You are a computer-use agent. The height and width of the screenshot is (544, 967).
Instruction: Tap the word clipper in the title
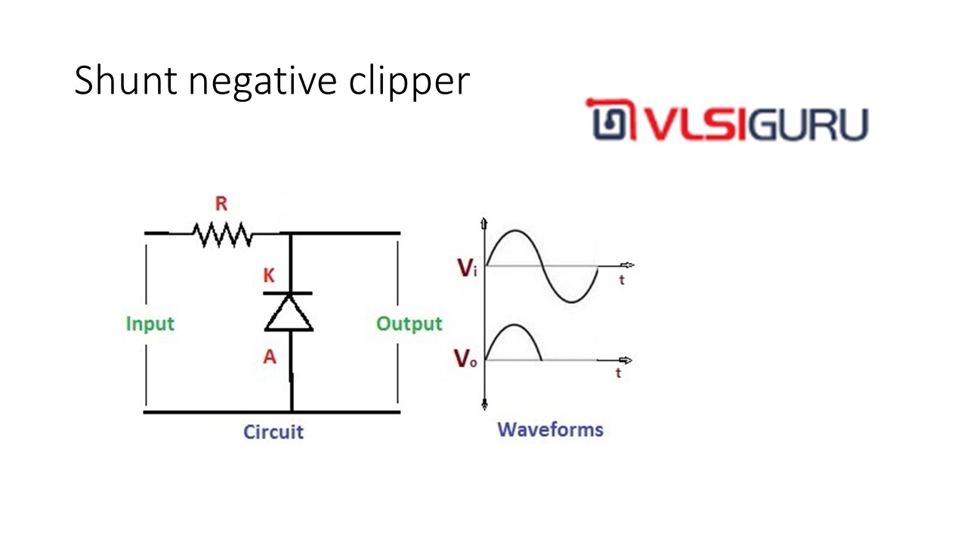tap(409, 82)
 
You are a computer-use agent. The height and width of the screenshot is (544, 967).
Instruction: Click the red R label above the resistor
tap(221, 204)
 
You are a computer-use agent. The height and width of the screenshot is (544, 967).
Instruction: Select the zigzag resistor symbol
tap(222, 234)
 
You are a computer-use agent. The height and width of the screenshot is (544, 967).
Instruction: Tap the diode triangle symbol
tap(289, 313)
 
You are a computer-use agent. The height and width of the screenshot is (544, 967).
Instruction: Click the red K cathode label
tap(269, 277)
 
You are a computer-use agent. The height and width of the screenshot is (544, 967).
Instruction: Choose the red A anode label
tap(270, 357)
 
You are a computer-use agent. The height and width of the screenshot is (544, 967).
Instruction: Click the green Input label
tap(150, 324)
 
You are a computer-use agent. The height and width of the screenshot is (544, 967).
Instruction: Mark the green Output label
tap(409, 324)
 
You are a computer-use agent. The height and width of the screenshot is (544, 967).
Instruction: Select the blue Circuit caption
tap(273, 432)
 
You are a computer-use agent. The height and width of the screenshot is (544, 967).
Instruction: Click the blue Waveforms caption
tap(550, 430)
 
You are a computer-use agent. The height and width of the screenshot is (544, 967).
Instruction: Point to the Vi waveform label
tap(468, 268)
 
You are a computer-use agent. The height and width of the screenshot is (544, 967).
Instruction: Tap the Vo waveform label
tap(465, 360)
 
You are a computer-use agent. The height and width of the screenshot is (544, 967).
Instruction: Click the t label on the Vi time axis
tap(622, 279)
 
